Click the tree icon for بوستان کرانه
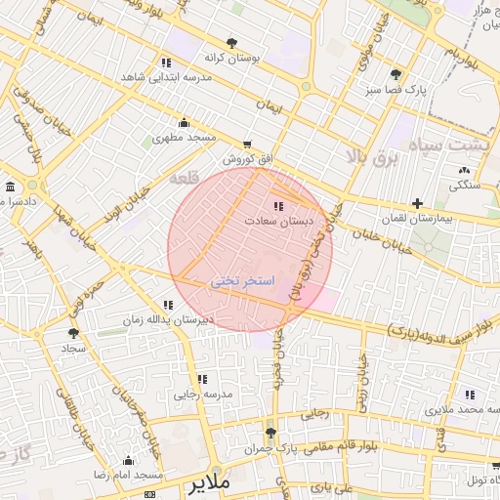coord(231,43)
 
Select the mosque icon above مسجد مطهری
coord(184,122)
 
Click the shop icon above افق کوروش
coord(245,143)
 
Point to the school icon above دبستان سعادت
coord(279,206)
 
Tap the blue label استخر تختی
coord(243,281)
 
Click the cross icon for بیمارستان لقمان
coord(417,204)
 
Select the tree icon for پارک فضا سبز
coord(396,74)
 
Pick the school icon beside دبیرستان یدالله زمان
coord(169,305)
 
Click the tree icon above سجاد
coord(73,333)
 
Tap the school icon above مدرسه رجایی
coord(202,379)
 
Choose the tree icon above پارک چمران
coord(271,432)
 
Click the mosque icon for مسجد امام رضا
coord(128,460)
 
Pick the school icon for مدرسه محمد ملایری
coord(470,395)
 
